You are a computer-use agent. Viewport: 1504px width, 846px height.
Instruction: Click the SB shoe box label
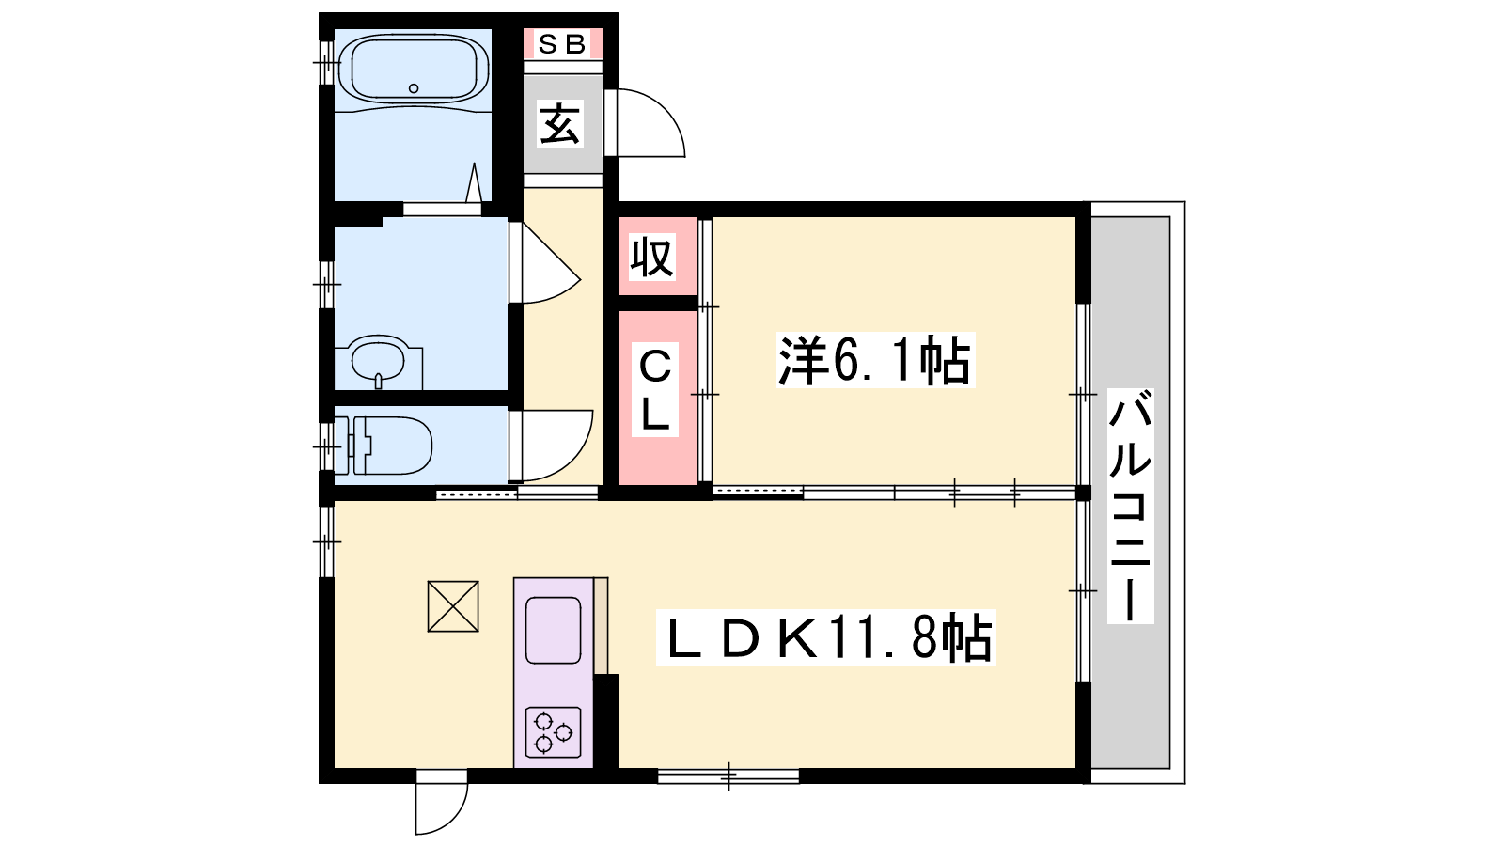click(562, 44)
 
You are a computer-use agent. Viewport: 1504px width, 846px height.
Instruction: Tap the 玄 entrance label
click(560, 123)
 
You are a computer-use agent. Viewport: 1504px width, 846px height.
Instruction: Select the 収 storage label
click(652, 257)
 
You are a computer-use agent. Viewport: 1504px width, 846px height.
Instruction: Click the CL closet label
click(654, 390)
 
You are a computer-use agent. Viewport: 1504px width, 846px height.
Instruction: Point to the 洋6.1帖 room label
click(875, 360)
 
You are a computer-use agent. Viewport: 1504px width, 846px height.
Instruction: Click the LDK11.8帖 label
click(825, 637)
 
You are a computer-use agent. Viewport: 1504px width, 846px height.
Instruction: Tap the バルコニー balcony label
click(1131, 507)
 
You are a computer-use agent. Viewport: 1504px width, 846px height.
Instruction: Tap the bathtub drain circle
click(414, 88)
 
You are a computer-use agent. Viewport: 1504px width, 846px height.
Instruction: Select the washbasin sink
click(378, 360)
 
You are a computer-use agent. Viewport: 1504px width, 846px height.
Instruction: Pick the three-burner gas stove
click(554, 732)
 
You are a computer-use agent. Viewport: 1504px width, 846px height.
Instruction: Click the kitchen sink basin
click(554, 631)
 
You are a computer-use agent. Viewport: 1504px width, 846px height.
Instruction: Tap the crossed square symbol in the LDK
click(453, 606)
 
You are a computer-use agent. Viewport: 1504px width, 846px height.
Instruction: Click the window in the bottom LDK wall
click(728, 776)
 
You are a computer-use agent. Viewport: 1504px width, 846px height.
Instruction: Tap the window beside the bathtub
click(326, 62)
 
